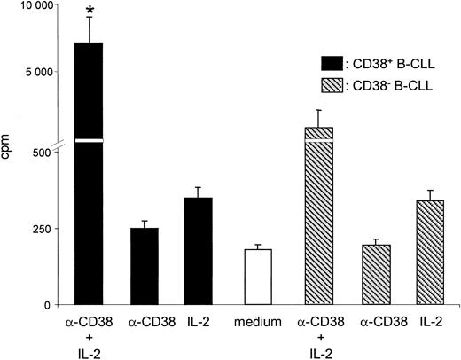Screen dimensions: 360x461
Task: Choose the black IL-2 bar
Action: point(199,251)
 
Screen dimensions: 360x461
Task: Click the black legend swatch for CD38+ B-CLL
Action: point(332,63)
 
